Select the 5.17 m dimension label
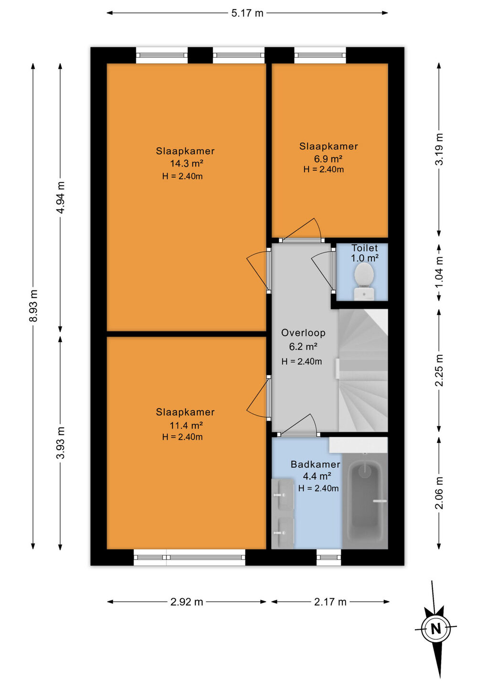pyautogui.click(x=247, y=13)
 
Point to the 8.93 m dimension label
pyautogui.click(x=33, y=305)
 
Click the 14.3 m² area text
pyautogui.click(x=187, y=163)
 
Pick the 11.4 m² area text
pyautogui.click(x=186, y=425)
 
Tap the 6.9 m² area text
pyautogui.click(x=328, y=159)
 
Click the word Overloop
pyautogui.click(x=303, y=333)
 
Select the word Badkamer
pyautogui.click(x=316, y=464)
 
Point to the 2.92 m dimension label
pyautogui.click(x=187, y=602)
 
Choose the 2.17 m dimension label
pyautogui.click(x=330, y=602)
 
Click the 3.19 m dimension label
pyautogui.click(x=440, y=149)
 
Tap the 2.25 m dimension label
pyautogui.click(x=440, y=370)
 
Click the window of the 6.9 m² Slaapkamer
pyautogui.click(x=320, y=55)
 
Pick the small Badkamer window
pyautogui.click(x=328, y=557)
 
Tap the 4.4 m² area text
pyautogui.click(x=317, y=476)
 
